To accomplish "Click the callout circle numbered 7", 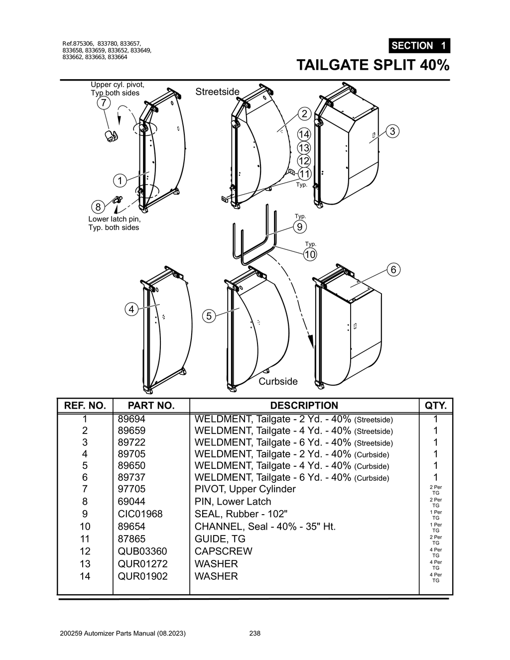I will pos(103,103).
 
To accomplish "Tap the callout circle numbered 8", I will pos(98,207).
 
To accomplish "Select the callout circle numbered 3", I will pos(392,131).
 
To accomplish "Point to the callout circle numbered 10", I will pos(310,254).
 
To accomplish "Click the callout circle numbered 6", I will pos(393,270).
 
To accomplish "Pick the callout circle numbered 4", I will pos(131,309).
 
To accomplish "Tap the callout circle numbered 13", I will pos(304,148).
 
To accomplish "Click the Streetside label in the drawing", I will pos(217,92).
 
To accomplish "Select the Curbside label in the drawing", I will pos(278,381).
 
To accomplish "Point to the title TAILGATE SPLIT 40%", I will pos(373,65).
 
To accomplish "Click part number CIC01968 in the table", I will pos(140,514).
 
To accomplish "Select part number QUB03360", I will pos(142,551).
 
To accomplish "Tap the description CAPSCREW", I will pos(223,551).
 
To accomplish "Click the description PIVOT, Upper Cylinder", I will pos(245,489).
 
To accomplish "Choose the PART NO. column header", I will pos(151,406).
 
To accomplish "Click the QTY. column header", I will pos(435,406).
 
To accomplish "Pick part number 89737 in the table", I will pos(131,477).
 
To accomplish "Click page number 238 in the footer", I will pos(255,634).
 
